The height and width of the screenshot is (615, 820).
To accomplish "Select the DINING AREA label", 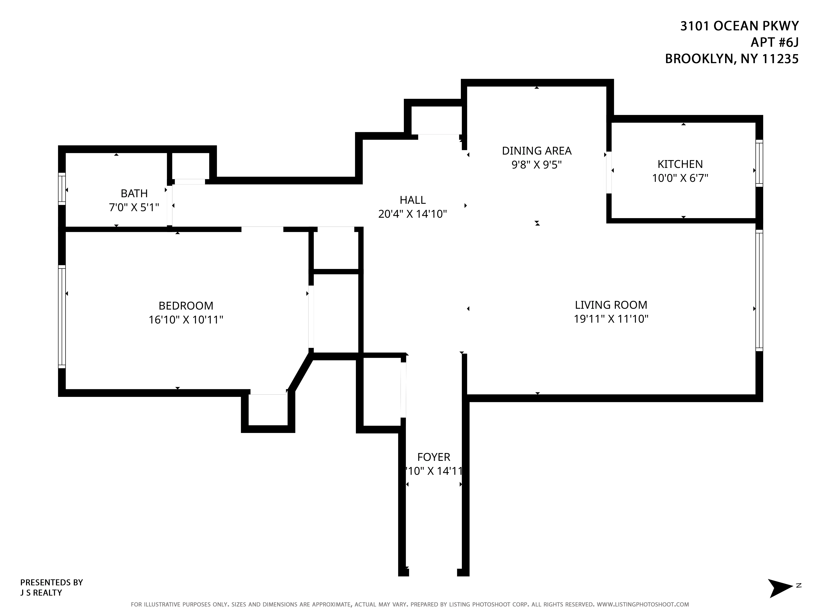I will (536, 151).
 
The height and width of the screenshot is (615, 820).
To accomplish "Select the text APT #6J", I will (774, 43).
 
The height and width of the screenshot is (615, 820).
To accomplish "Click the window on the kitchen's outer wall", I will (759, 163).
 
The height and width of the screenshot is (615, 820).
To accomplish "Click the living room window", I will (759, 290).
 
